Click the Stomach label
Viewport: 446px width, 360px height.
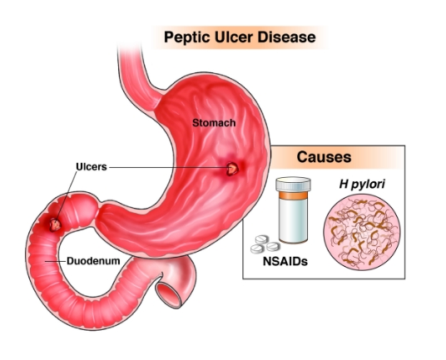pos(214,123)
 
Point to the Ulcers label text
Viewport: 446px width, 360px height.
pos(92,167)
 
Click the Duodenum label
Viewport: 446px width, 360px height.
pos(93,261)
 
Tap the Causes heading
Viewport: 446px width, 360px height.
pos(324,157)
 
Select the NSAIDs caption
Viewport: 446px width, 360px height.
pos(285,261)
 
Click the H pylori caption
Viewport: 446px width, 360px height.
pos(362,184)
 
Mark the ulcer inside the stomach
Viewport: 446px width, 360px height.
pos(232,169)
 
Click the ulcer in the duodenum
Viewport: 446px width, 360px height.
pos(55,224)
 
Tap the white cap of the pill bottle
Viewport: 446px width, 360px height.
pos(293,184)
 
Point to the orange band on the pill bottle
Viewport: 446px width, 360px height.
pos(293,195)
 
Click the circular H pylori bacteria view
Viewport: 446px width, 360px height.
pos(362,232)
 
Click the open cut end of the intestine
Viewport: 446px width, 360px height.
pos(169,295)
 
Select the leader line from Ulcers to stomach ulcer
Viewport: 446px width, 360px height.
pos(168,167)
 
